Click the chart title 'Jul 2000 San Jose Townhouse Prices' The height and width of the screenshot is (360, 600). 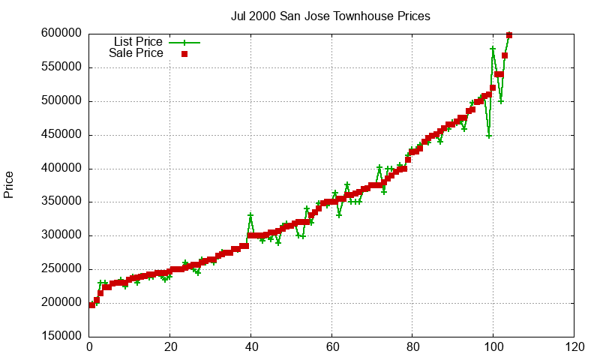[x=330, y=16]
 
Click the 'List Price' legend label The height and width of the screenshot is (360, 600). [x=138, y=42]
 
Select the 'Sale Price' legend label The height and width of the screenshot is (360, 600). [x=136, y=53]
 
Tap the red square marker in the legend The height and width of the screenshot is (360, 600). [x=184, y=54]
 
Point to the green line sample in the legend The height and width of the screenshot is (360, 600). [x=184, y=43]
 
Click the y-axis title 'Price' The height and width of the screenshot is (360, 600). [x=9, y=184]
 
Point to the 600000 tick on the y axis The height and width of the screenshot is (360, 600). [x=61, y=34]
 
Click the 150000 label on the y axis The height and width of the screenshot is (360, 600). [x=61, y=337]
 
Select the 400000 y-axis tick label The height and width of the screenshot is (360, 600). [x=61, y=169]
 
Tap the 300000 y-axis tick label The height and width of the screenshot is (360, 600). [x=61, y=235]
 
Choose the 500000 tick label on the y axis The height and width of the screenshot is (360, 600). [x=61, y=101]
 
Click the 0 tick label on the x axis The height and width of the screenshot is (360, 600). [x=89, y=347]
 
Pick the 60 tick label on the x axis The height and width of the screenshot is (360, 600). [x=331, y=347]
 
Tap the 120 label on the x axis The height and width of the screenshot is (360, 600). [x=574, y=347]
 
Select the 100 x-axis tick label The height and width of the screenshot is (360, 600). [x=493, y=347]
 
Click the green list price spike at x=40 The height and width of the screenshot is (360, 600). [x=250, y=216]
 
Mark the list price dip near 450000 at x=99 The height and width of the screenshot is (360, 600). [x=489, y=136]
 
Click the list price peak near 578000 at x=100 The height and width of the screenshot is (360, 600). [x=493, y=49]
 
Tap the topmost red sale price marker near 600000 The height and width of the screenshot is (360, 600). [x=509, y=35]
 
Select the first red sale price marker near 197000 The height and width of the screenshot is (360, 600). [x=92, y=305]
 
